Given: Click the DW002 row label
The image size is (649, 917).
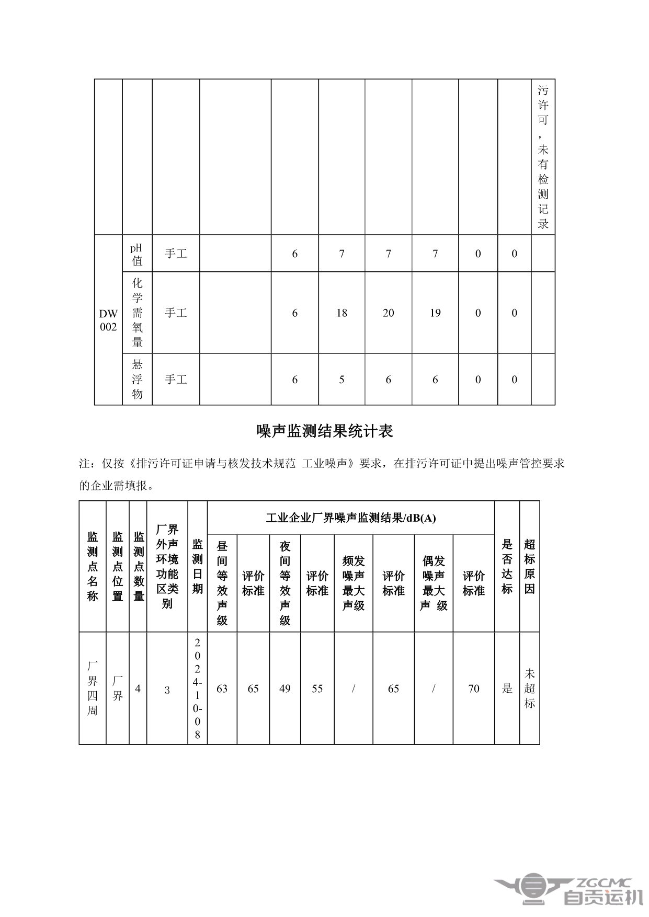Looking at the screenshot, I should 108,320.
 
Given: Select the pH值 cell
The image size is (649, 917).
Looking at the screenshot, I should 137,254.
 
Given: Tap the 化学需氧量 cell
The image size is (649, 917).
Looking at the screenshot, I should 137,313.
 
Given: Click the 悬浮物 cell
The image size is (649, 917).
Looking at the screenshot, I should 137,379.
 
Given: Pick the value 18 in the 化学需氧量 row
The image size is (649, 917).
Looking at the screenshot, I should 341,313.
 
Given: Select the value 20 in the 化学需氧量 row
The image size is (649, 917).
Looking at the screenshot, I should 388,313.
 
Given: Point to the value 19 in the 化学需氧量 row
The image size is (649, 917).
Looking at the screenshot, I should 435,313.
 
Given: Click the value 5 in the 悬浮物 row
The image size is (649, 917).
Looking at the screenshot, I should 341,380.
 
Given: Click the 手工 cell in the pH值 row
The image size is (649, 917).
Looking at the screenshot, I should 176,254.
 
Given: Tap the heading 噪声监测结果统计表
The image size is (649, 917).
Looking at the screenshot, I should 324,431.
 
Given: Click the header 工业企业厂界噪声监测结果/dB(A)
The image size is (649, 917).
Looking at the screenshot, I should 350,518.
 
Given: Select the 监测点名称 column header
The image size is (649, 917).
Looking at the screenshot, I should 93,566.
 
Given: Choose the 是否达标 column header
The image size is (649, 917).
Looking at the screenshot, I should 507,566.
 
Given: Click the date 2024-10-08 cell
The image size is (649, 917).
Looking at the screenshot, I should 198,688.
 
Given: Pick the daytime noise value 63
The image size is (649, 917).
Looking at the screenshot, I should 222,689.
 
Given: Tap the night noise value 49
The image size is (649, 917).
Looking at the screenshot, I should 285,689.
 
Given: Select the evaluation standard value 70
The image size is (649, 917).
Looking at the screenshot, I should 473,689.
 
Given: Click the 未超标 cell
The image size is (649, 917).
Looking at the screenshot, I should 529,688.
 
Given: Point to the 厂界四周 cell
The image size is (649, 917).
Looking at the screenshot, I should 93,688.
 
